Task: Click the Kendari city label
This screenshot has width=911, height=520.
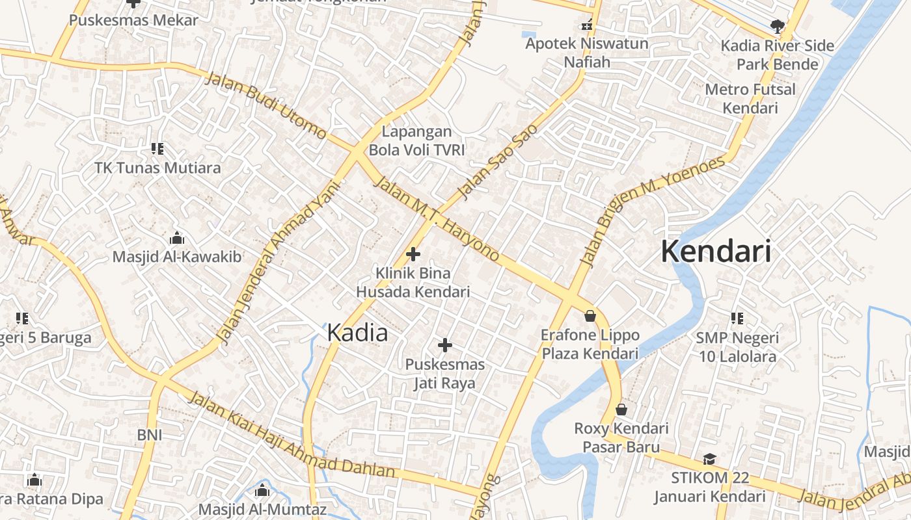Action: [x=716, y=252]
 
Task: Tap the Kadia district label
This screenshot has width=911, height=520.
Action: [x=357, y=333]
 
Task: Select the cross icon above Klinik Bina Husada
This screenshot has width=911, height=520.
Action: [x=413, y=254]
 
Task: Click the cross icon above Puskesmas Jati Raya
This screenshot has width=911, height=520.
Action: [x=445, y=345]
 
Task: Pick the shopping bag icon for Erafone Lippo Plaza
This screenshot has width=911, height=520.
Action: [x=590, y=316]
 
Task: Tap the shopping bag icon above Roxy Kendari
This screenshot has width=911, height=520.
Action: [x=621, y=409]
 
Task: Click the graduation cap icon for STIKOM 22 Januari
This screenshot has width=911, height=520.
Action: [x=709, y=460]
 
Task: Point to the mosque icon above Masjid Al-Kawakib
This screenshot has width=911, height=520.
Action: [x=176, y=238]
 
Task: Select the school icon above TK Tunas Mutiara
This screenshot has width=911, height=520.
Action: [x=157, y=149]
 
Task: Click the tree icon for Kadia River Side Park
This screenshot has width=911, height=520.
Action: [x=776, y=26]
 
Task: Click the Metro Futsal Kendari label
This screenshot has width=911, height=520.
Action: [x=750, y=98]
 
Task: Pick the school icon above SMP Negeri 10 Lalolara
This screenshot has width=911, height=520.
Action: [x=737, y=318]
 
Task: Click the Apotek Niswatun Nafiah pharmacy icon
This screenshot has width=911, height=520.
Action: [x=587, y=26]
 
